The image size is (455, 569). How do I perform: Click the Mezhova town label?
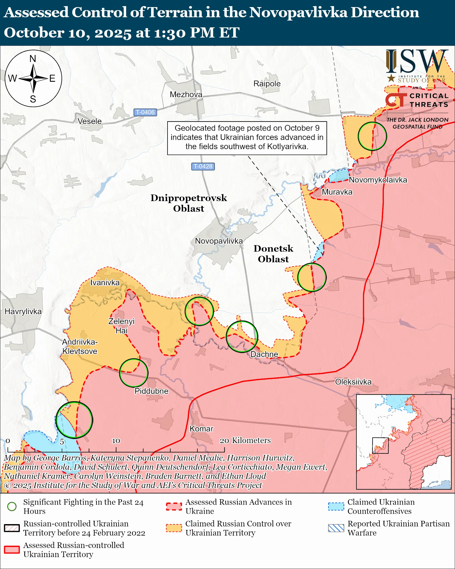186,94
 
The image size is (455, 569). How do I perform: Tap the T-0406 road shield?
145,112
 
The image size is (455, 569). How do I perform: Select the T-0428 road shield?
203,166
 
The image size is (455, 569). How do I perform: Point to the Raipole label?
267,84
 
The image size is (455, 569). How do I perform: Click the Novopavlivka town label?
219,241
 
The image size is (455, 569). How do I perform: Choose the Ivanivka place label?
105,283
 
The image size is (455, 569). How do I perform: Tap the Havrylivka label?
23,311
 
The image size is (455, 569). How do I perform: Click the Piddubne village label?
151,391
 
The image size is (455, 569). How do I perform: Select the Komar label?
201,429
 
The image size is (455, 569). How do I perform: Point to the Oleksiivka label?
353,382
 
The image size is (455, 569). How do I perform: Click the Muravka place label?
337,192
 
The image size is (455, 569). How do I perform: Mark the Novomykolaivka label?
378,180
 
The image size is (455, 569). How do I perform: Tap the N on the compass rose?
33,59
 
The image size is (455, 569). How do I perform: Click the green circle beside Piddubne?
134,373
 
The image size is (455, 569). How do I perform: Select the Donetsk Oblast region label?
273,254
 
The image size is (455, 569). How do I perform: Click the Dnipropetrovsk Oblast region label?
189,203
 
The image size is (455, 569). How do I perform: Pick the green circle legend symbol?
12,506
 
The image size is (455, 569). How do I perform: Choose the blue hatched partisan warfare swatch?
336,528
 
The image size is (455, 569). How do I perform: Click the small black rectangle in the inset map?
380,446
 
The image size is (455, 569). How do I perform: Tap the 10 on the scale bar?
116,441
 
